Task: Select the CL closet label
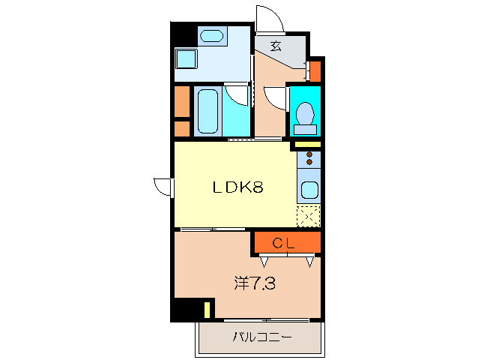[x=283, y=242]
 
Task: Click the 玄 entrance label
[x=276, y=46]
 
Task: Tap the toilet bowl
[x=304, y=115]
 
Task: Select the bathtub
[x=206, y=112]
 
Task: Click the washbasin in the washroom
[x=212, y=35]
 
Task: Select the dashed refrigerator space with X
[x=308, y=216]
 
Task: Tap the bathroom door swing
[x=238, y=95]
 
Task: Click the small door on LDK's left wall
[x=163, y=186]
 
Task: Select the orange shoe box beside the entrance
[x=315, y=71]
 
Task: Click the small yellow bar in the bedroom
[x=207, y=309]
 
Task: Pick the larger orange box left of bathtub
[x=181, y=102]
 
